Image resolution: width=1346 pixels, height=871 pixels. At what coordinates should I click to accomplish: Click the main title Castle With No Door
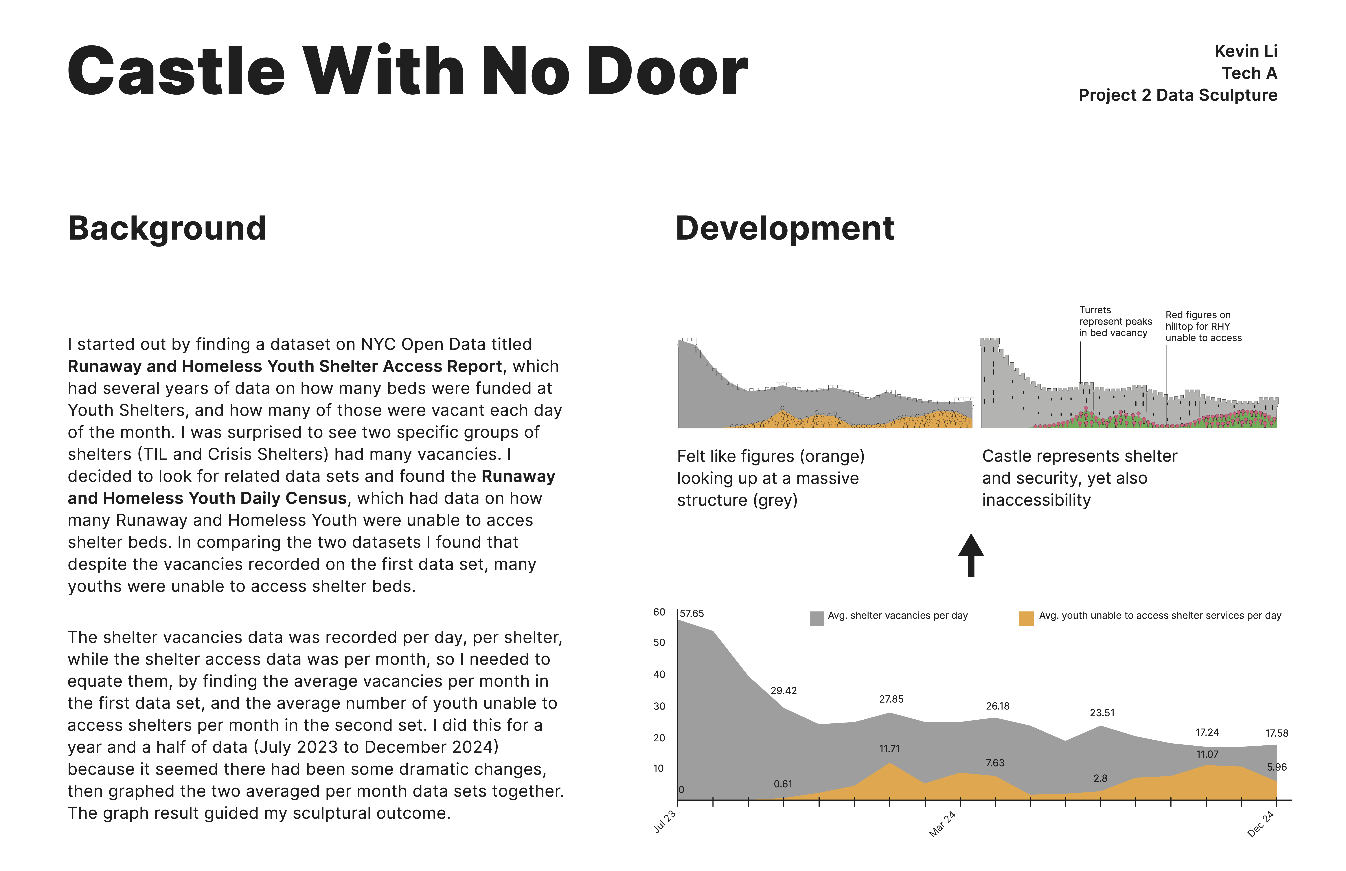click(407, 72)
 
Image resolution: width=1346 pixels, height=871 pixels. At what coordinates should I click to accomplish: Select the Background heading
click(167, 229)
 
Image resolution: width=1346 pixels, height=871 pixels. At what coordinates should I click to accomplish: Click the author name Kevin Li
click(1245, 52)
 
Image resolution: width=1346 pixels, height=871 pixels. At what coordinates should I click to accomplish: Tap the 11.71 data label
click(889, 748)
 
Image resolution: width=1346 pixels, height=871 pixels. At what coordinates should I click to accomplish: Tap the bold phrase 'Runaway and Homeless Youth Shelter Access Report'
click(284, 367)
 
